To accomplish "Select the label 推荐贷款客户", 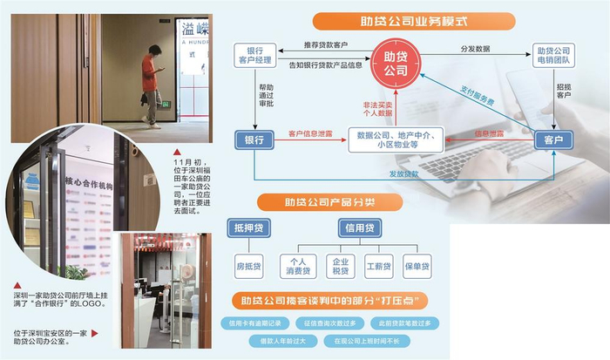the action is pos(326,45).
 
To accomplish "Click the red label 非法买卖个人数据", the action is pos(379,108).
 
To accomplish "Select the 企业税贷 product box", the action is pos(336,265).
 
